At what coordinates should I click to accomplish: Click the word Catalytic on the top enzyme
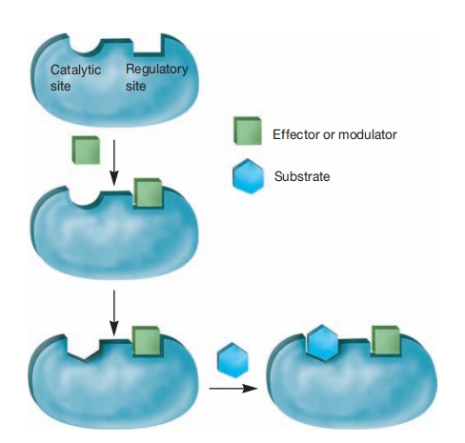tap(75, 70)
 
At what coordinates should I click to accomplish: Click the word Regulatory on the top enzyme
tap(157, 70)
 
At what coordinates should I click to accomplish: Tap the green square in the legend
tap(248, 131)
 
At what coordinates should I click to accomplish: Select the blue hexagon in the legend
tap(248, 176)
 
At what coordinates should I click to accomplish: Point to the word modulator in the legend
tap(368, 134)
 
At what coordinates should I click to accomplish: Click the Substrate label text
tap(302, 176)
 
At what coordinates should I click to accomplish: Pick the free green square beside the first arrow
tap(86, 150)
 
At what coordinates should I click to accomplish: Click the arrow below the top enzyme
tap(114, 163)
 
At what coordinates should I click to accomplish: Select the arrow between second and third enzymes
tap(114, 312)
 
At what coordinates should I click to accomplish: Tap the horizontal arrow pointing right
tap(233, 388)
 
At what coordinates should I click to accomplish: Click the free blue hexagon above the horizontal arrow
tap(232, 360)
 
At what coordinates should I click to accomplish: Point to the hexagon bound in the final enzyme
tap(322, 342)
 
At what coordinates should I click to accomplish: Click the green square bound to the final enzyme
tap(386, 340)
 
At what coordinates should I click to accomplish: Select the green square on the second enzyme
tap(148, 192)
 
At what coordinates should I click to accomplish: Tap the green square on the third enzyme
tap(147, 340)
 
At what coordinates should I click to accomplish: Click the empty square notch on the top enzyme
tap(149, 45)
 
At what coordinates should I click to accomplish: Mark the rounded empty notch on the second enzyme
tap(85, 197)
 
